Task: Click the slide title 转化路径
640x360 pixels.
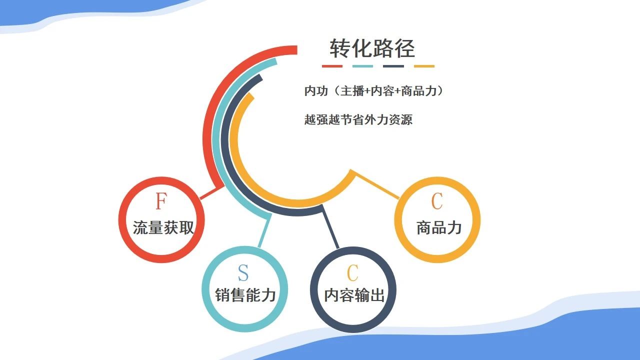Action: pyautogui.click(x=372, y=48)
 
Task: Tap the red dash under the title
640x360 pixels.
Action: pyautogui.click(x=332, y=66)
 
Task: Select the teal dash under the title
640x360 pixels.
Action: pyautogui.click(x=362, y=66)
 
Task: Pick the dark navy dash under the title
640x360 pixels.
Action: pyautogui.click(x=393, y=66)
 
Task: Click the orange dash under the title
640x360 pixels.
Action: pyautogui.click(x=424, y=66)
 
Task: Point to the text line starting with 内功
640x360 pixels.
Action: pyautogui.click(x=373, y=91)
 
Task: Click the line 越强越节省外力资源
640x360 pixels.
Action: pyautogui.click(x=358, y=119)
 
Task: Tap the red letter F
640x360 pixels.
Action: pyautogui.click(x=161, y=201)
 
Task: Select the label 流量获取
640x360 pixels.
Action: pyautogui.click(x=163, y=227)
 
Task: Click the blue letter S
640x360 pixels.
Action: pyautogui.click(x=243, y=273)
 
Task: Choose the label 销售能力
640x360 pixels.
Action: pyautogui.click(x=245, y=295)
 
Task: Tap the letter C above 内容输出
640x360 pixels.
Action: pyautogui.click(x=352, y=273)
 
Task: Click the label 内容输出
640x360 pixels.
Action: pyautogui.click(x=354, y=295)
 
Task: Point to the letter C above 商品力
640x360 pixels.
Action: pyautogui.click(x=437, y=201)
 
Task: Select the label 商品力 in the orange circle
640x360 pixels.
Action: pyautogui.click(x=439, y=227)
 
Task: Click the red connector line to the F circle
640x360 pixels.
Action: pyautogui.click(x=212, y=192)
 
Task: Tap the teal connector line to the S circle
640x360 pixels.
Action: pyautogui.click(x=264, y=230)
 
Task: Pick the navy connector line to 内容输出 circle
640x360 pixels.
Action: pyautogui.click(x=330, y=227)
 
